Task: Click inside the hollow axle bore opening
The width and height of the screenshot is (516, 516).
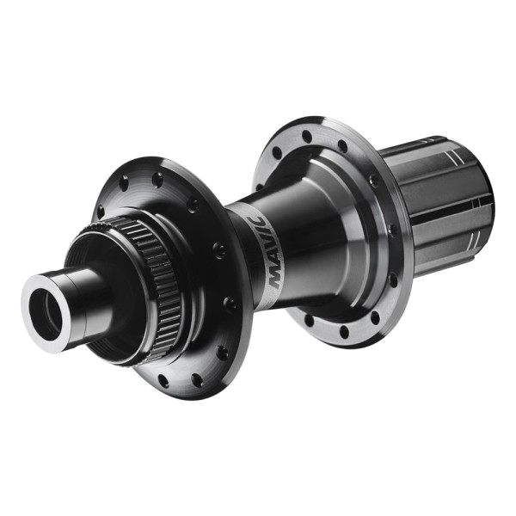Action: click(47, 314)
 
